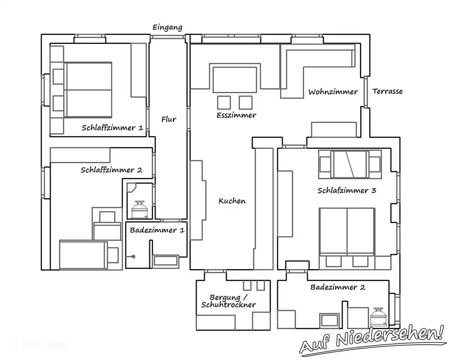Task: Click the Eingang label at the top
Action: (x=167, y=27)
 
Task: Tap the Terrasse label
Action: (x=388, y=91)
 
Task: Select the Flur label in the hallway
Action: (x=168, y=120)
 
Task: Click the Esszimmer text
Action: (x=236, y=115)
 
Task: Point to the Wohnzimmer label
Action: (x=333, y=91)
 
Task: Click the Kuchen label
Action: (x=232, y=201)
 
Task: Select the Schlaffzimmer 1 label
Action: (x=112, y=128)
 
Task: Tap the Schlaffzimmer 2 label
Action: (x=111, y=170)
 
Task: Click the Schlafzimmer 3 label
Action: (x=346, y=190)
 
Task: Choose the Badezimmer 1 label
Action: (x=157, y=230)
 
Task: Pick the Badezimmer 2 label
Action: (x=337, y=287)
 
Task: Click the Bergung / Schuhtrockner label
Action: (x=228, y=301)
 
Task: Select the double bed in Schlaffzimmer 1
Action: (x=88, y=90)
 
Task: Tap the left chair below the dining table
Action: (x=224, y=102)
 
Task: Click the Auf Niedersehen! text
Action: (x=370, y=340)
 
